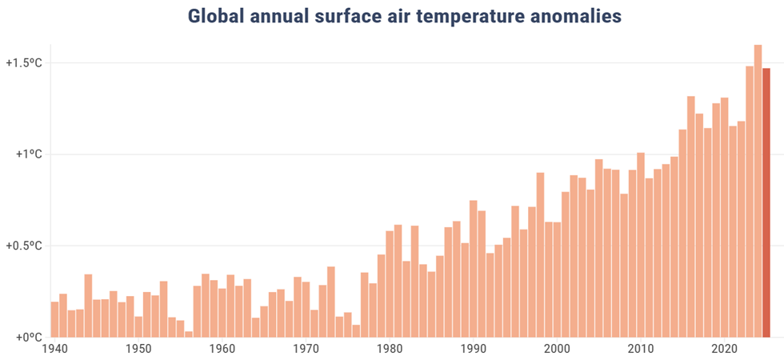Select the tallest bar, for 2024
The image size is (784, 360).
(758, 191)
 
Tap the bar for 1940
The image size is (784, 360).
(54, 319)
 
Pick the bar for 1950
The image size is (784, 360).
(138, 326)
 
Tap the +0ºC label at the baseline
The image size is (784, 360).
(23, 338)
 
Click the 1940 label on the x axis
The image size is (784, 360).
(54, 350)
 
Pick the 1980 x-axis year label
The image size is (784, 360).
(390, 350)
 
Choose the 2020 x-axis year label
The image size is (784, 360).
(724, 350)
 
